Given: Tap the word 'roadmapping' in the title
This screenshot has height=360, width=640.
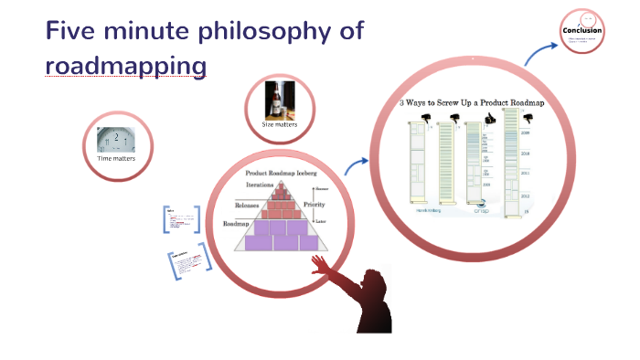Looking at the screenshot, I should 125,66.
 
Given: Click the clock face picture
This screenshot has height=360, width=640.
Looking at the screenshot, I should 116,140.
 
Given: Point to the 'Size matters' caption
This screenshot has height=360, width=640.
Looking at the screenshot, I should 280,123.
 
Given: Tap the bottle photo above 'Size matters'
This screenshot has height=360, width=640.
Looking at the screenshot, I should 280,100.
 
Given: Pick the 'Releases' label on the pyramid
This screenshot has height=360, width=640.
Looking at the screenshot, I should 254,205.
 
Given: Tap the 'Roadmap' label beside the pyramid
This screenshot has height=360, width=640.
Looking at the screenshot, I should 237,223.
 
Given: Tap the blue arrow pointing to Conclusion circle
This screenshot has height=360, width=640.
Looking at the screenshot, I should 537,53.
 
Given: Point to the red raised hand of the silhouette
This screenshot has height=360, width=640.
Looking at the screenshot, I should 320,265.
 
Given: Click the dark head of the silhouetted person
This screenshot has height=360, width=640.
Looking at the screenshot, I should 371,281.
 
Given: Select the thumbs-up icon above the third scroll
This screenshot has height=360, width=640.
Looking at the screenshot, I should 475,115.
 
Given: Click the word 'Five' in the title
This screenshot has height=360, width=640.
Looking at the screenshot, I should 72,31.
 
